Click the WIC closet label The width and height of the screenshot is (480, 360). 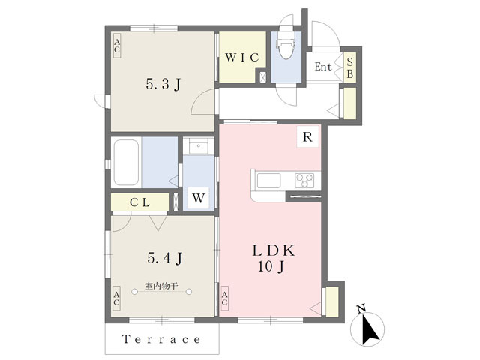coord(241,57)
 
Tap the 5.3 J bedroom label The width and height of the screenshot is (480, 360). coord(163,84)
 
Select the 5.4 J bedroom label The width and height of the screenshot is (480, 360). coord(163,258)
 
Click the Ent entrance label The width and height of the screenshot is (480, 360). coord(322,67)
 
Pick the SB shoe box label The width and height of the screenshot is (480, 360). coord(349,67)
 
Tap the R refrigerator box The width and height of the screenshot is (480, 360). coord(308,137)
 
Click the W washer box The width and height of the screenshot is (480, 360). coord(198,198)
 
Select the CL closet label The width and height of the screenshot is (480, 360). coord(140,202)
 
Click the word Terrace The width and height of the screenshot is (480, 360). coord(162,339)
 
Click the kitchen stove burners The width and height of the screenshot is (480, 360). coord(305,180)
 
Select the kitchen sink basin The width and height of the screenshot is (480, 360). coord(269,181)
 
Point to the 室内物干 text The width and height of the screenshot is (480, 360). coord(161,285)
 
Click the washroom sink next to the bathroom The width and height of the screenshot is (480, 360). coord(198,145)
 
